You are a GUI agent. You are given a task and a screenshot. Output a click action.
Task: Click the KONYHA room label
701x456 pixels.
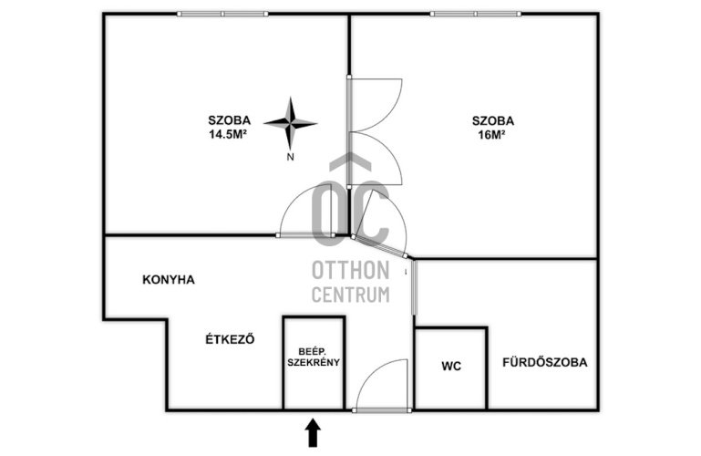(x=169, y=280)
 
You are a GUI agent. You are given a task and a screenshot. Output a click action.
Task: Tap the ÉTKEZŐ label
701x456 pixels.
(x=230, y=339)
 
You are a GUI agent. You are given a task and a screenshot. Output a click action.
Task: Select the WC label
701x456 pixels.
(x=451, y=367)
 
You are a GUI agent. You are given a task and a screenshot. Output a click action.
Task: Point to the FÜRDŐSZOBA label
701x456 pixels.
(x=544, y=362)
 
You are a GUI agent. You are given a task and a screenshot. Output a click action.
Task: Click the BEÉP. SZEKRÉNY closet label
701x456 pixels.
(x=314, y=358)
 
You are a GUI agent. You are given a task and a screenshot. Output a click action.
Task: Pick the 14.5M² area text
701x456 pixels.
(x=228, y=134)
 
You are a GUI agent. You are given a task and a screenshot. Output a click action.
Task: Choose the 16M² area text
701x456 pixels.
(x=491, y=135)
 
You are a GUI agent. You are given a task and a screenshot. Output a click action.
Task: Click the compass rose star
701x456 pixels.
(x=291, y=123)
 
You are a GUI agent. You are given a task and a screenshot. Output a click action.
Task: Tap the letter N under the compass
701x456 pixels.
(x=291, y=157)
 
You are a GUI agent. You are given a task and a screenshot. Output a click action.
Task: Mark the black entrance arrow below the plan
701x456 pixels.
(x=313, y=433)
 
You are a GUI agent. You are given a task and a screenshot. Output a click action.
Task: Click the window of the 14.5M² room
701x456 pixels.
(x=222, y=14)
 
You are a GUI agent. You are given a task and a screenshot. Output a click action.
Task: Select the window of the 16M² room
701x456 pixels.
(x=476, y=14)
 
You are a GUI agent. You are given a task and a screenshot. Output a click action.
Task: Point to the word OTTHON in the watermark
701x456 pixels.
(x=350, y=271)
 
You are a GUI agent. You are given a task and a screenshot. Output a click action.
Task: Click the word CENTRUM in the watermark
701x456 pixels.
(x=350, y=295)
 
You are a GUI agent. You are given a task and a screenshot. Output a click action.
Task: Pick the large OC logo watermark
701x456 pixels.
(x=350, y=201)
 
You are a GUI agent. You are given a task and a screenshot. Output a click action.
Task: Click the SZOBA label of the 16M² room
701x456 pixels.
(x=493, y=120)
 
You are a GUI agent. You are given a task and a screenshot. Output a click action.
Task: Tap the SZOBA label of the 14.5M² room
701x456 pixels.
(x=230, y=120)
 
